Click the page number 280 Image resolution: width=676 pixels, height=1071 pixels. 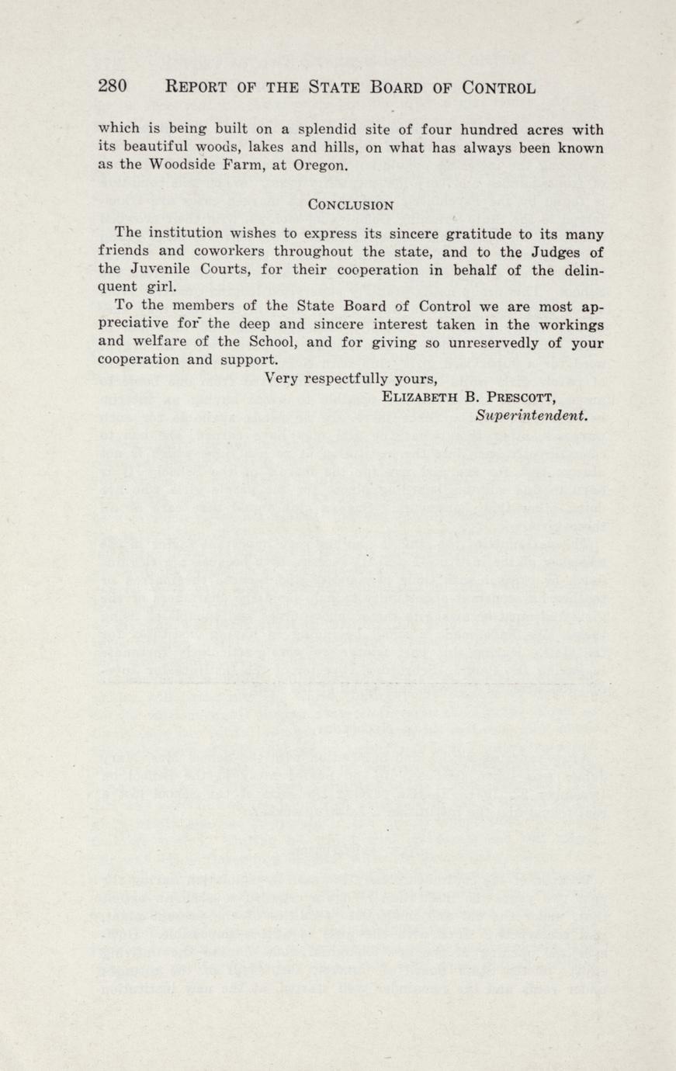point(113,86)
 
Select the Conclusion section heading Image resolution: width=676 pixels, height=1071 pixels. point(351,205)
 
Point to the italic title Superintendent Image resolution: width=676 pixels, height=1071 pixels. point(532,415)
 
